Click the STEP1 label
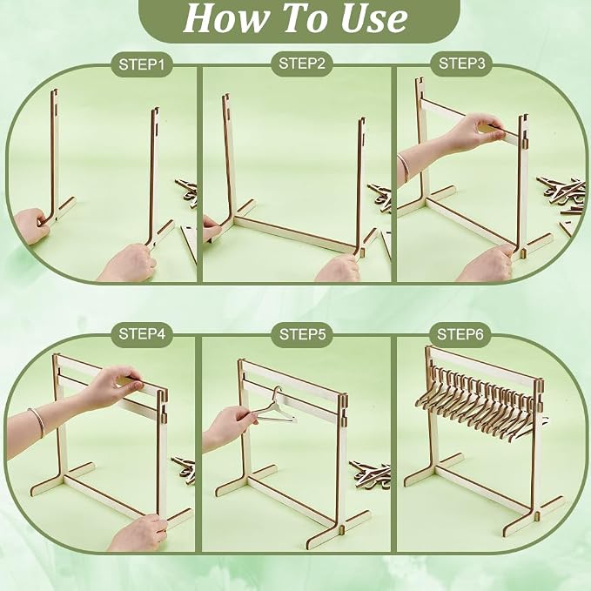(x=142, y=64)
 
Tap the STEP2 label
(x=301, y=64)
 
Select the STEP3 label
(x=461, y=64)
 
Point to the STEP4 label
(x=142, y=334)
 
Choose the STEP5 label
(x=302, y=334)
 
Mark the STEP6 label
(x=460, y=334)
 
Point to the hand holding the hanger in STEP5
(x=229, y=425)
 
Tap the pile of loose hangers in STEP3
(x=561, y=193)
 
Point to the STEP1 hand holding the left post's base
(x=31, y=225)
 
